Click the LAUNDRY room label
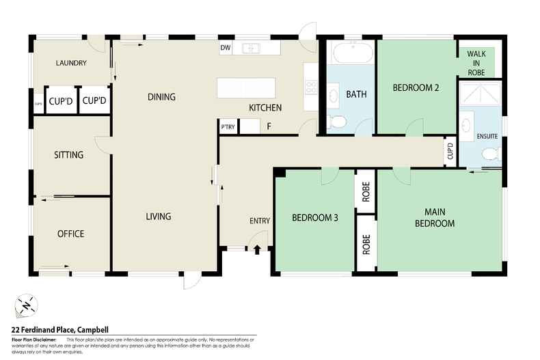(x=70, y=64)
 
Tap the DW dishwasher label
(x=225, y=49)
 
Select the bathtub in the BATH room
(x=351, y=53)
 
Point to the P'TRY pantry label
(x=227, y=126)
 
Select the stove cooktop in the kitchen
(x=311, y=87)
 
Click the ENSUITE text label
(x=488, y=136)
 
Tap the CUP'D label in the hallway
(x=450, y=151)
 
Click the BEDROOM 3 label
(x=314, y=219)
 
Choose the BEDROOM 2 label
(x=415, y=87)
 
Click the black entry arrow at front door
(x=257, y=250)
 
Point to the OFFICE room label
(x=70, y=234)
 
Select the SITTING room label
(x=68, y=155)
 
